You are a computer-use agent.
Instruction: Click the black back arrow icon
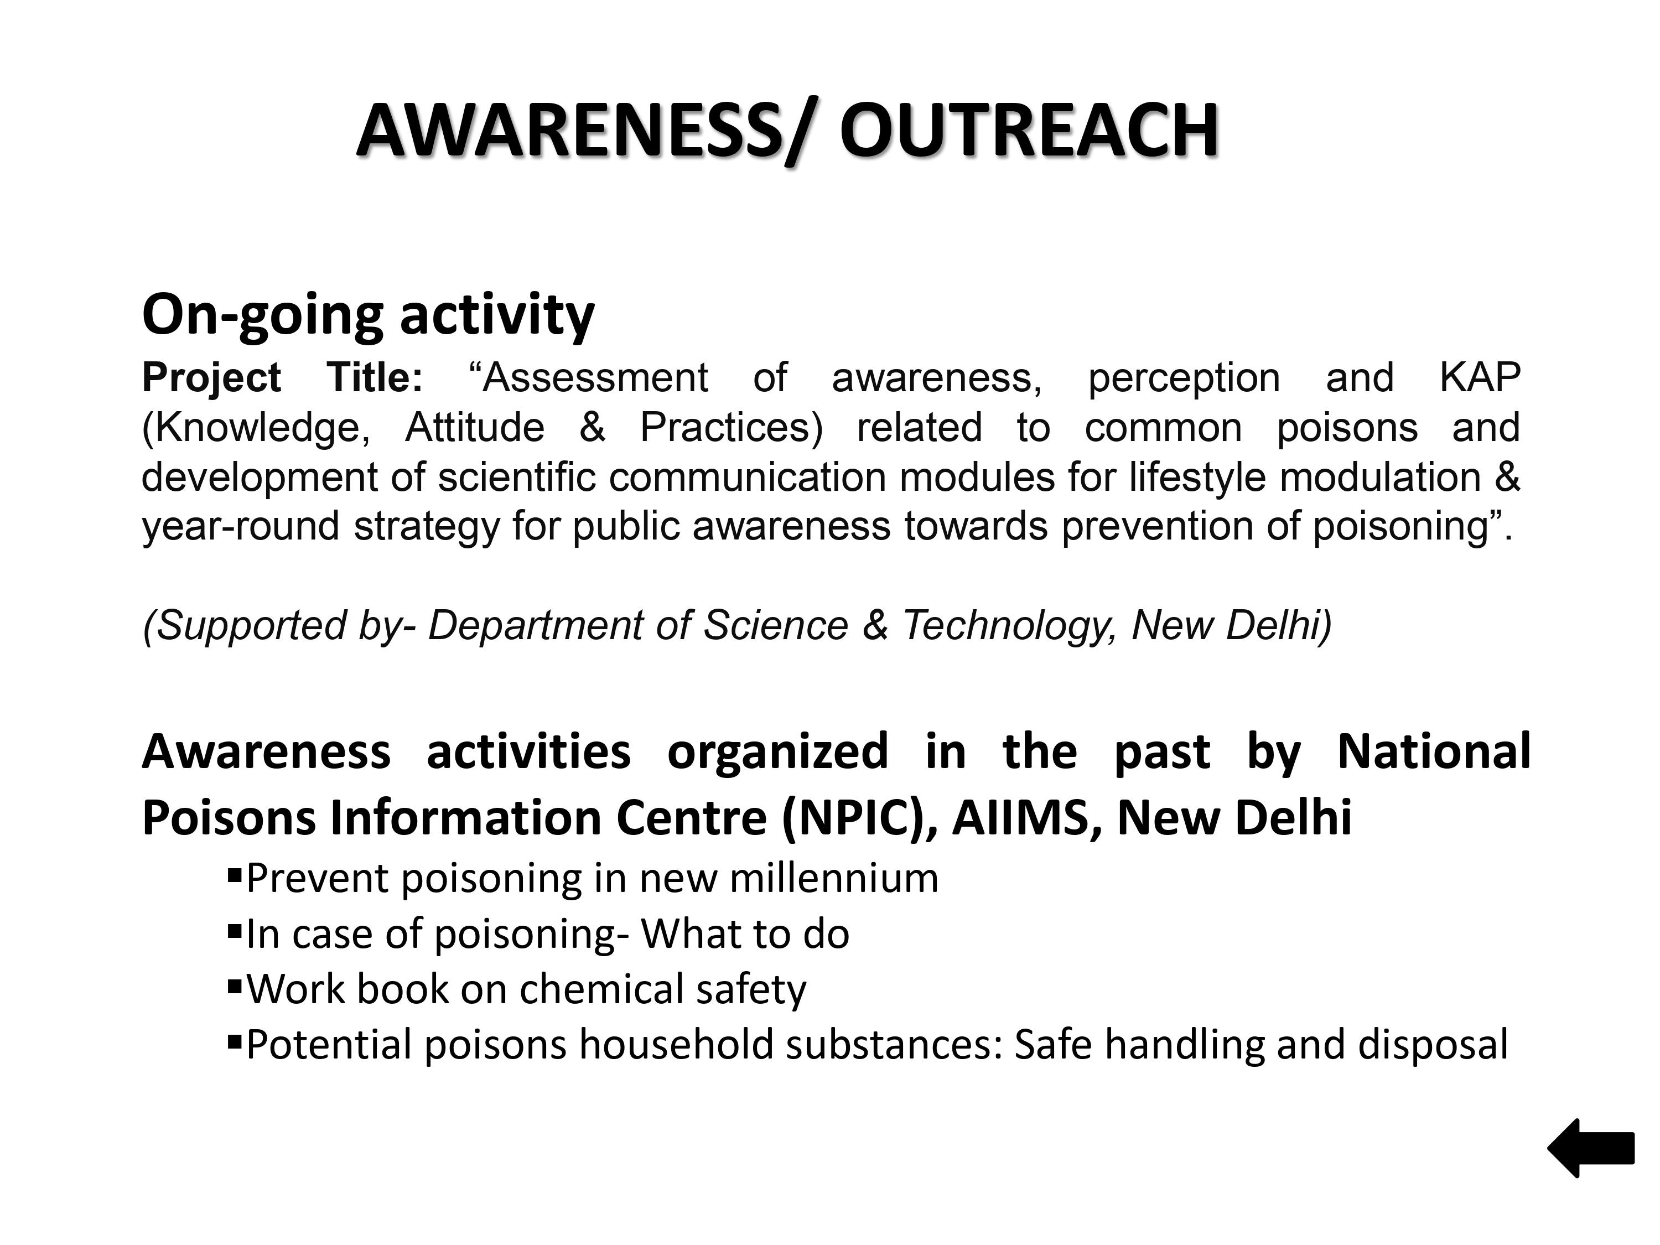[x=1590, y=1148]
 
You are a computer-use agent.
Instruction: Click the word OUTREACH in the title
[x=1028, y=131]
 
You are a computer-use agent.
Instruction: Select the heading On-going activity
[x=368, y=315]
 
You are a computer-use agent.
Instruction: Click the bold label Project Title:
[x=283, y=377]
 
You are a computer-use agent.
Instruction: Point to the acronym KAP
[x=1479, y=377]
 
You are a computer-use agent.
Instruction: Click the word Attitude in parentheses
[x=474, y=427]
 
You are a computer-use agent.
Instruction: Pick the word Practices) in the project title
[x=731, y=428]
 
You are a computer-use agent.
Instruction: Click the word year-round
[x=241, y=527]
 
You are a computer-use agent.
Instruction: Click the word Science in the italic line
[x=776, y=625]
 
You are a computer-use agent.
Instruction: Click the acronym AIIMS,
[x=1028, y=817]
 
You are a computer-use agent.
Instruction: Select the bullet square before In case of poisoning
[x=234, y=930]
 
